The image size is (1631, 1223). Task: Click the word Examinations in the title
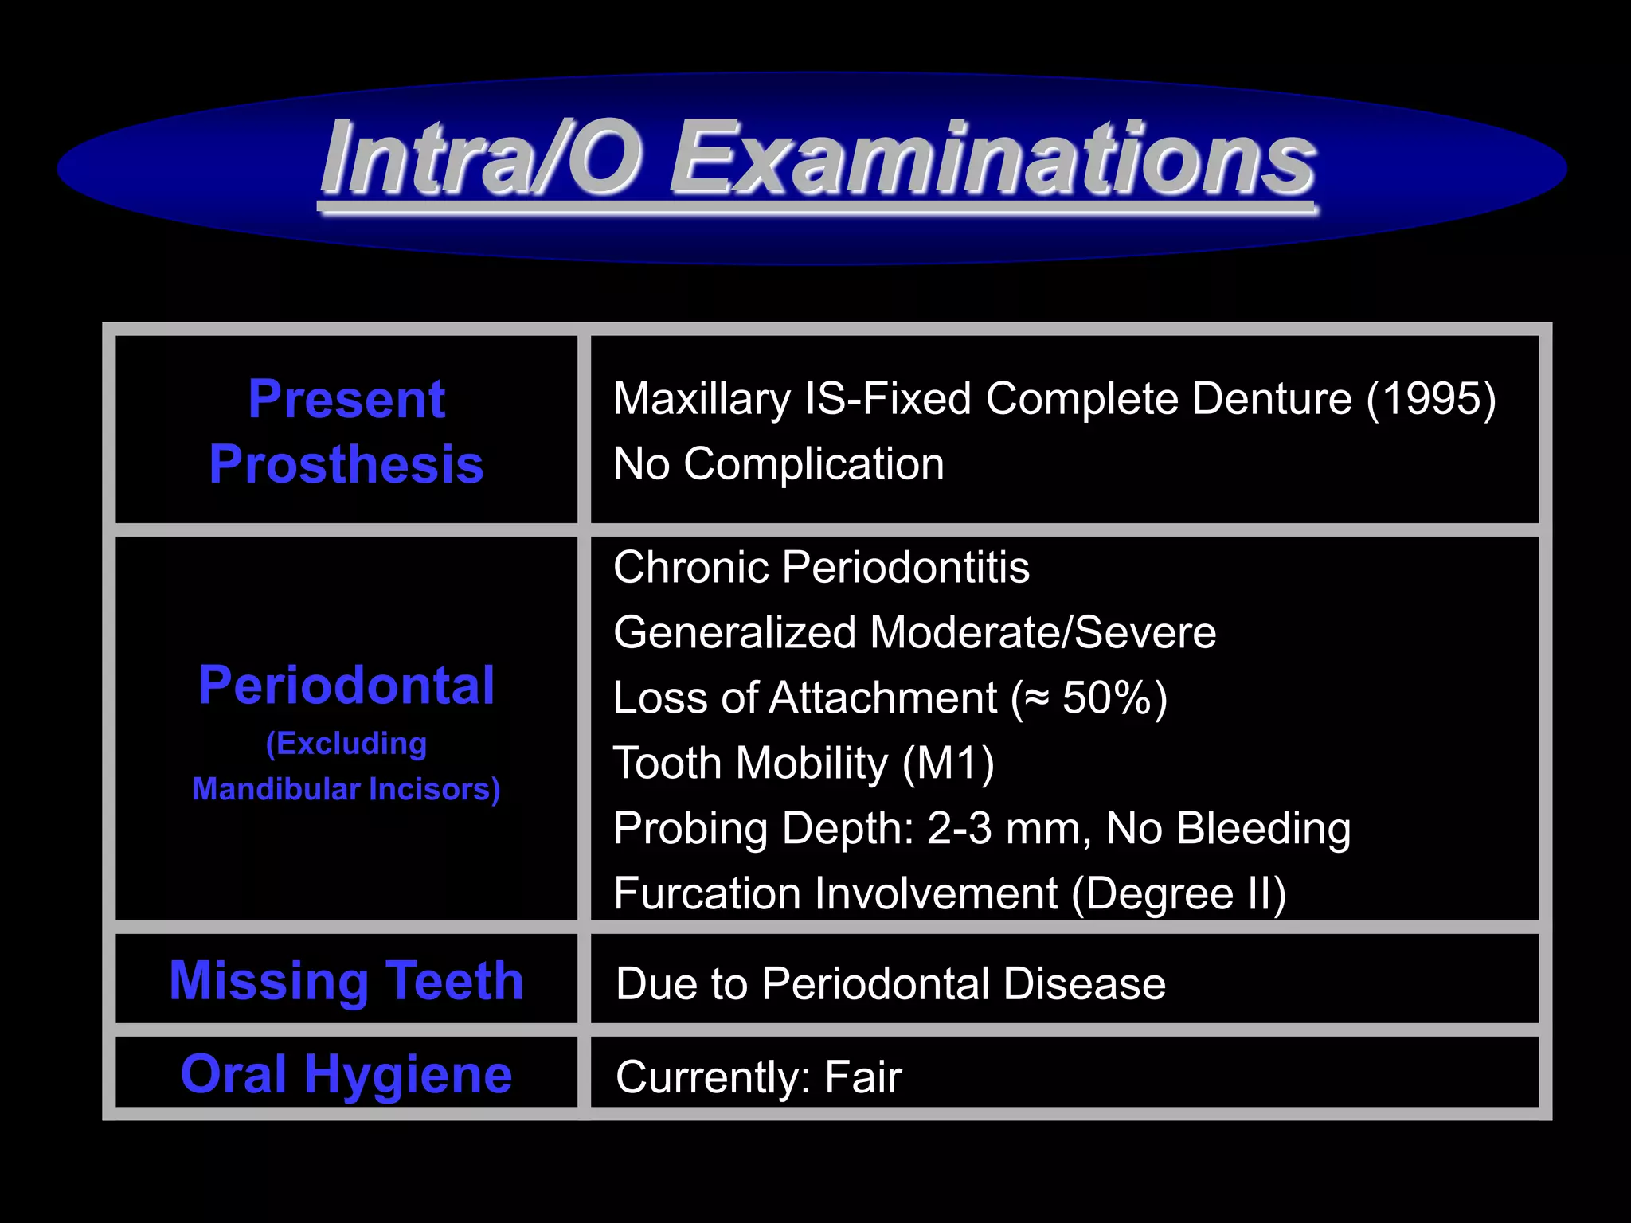pyautogui.click(x=992, y=159)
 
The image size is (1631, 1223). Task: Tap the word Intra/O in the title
pyautogui.click(x=482, y=159)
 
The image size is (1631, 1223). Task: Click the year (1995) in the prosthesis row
pyautogui.click(x=1431, y=398)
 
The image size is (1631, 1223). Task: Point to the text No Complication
pyautogui.click(x=778, y=463)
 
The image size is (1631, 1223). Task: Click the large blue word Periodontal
pyautogui.click(x=346, y=685)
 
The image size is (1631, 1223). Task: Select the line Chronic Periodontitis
pyautogui.click(x=821, y=568)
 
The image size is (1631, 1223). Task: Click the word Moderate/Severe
pyautogui.click(x=1042, y=633)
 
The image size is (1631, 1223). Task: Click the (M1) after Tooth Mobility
pyautogui.click(x=948, y=764)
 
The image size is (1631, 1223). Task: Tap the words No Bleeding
pyautogui.click(x=1228, y=829)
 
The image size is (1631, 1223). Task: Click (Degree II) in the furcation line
pyautogui.click(x=1179, y=894)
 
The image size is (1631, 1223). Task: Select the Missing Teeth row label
pyautogui.click(x=346, y=980)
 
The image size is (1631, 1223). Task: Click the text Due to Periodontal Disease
pyautogui.click(x=890, y=983)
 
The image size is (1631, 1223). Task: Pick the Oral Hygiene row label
pyautogui.click(x=346, y=1074)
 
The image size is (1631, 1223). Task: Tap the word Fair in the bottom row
pyautogui.click(x=862, y=1077)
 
